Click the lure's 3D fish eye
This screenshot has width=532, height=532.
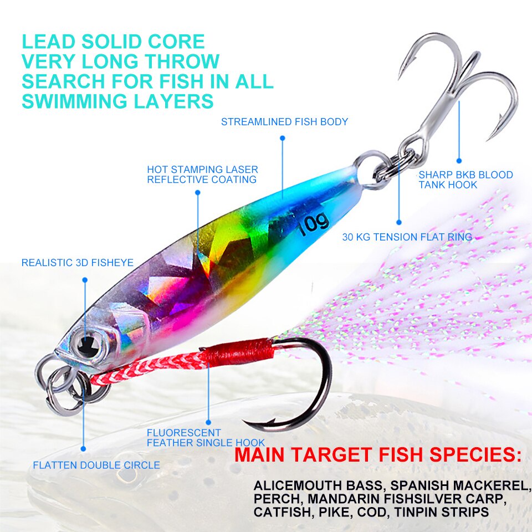pos(86,345)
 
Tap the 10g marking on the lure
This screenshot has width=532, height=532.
pos(314,223)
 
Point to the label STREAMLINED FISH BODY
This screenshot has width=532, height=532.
pos(284,122)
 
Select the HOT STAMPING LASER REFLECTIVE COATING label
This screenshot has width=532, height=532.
pos(202,175)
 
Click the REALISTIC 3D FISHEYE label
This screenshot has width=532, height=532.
pos(78,263)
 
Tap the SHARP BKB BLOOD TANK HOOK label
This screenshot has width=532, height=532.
pos(465,180)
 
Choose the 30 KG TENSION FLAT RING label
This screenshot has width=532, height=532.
pos(407,237)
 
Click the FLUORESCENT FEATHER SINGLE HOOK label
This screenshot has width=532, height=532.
pos(206,438)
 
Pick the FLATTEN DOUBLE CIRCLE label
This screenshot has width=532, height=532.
pos(96,465)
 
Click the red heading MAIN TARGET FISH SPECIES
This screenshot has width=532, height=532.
pos(378,454)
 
